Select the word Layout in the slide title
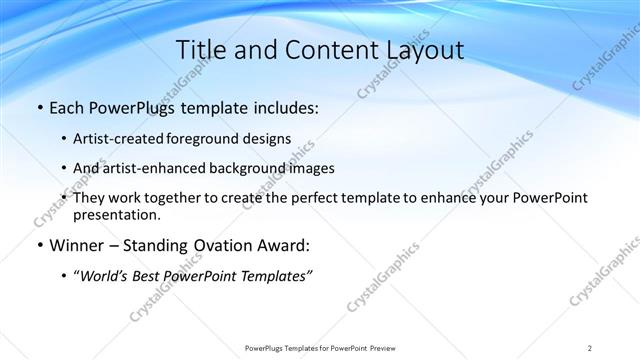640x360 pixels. point(420,50)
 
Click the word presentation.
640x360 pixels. point(115,214)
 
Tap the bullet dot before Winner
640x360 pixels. point(39,246)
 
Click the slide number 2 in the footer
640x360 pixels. point(590,348)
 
